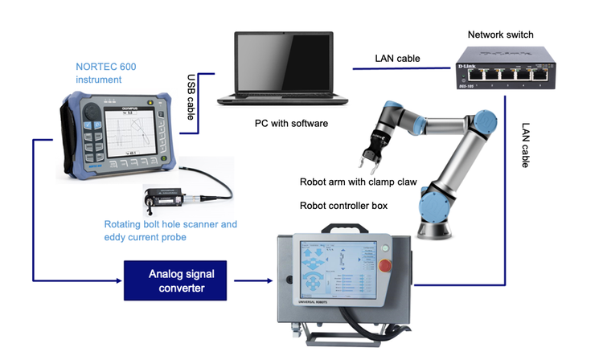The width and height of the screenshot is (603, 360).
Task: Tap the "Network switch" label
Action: click(500, 35)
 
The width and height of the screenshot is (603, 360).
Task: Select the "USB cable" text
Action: click(191, 97)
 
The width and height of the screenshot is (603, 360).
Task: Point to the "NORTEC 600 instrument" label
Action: click(105, 73)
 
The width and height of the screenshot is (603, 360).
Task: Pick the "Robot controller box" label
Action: click(343, 206)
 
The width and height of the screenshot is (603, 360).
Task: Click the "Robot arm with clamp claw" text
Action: click(358, 182)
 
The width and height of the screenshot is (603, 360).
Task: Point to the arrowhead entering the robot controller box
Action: click(268, 280)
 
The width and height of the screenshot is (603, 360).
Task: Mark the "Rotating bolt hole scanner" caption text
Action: click(170, 224)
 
